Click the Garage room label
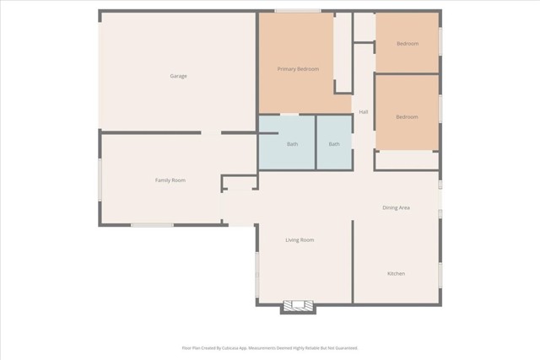tap(178, 76)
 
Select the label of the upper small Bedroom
tap(407, 44)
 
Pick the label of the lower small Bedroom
tap(407, 117)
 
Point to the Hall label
tap(364, 112)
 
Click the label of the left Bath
tap(292, 144)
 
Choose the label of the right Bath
tap(334, 144)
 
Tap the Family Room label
tap(170, 180)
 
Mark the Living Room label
tap(300, 240)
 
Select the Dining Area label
tap(396, 207)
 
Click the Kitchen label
tap(396, 274)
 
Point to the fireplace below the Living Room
tap(298, 306)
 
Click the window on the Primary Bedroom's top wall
tap(297, 11)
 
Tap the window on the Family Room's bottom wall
tap(152, 224)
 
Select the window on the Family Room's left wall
tap(100, 180)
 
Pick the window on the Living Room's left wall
tap(257, 273)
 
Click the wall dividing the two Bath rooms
tap(316, 142)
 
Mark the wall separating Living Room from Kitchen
tap(352, 261)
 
